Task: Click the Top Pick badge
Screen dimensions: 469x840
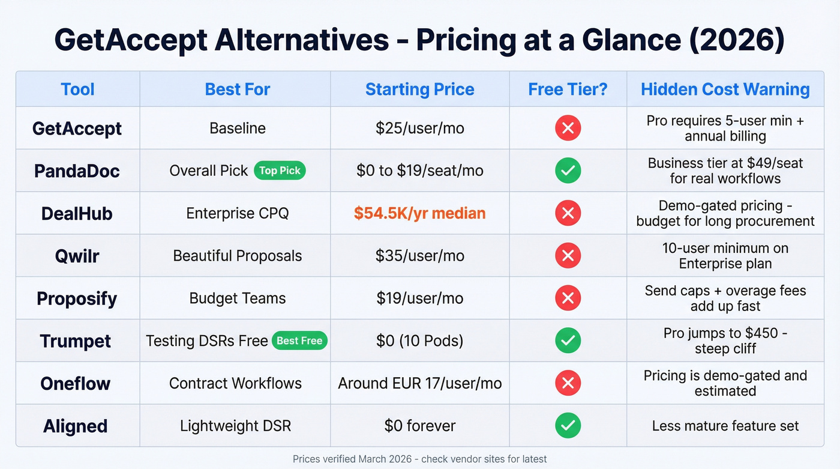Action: click(x=280, y=171)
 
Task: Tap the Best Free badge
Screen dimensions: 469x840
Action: click(x=299, y=340)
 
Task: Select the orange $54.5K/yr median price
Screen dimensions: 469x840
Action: click(x=419, y=213)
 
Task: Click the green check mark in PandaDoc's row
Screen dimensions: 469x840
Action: click(x=568, y=171)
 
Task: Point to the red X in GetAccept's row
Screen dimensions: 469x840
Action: click(x=568, y=128)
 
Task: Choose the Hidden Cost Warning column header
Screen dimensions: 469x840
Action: click(x=725, y=89)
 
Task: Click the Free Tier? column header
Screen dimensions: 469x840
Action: click(x=568, y=89)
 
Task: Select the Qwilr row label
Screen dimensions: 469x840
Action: click(x=77, y=256)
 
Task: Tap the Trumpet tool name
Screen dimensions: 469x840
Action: click(x=76, y=341)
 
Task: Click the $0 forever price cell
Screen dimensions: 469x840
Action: click(x=419, y=426)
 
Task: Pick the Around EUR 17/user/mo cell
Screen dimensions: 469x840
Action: click(x=419, y=383)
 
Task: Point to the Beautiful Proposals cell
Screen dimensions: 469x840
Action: click(x=238, y=256)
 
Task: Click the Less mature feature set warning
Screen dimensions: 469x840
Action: click(x=725, y=426)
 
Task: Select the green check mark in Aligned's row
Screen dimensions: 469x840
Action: click(x=568, y=426)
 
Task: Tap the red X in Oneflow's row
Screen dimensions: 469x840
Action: click(x=568, y=383)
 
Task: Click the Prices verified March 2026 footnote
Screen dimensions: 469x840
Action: click(x=419, y=459)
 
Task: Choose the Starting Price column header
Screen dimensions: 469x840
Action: click(x=419, y=89)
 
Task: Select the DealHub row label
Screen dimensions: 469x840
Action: click(x=77, y=213)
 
